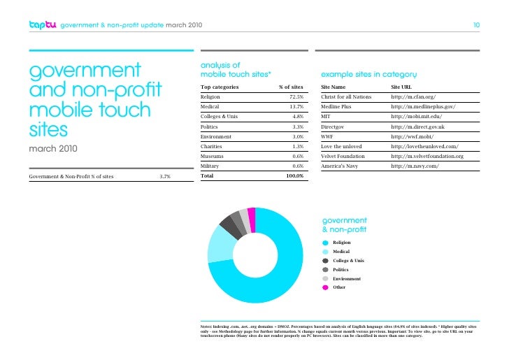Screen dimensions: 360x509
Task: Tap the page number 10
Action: pyautogui.click(x=475, y=26)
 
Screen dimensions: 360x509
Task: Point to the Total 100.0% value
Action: pyautogui.click(x=291, y=177)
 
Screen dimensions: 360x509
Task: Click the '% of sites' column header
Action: pyautogui.click(x=289, y=87)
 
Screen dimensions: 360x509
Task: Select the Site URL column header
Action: pyautogui.click(x=406, y=87)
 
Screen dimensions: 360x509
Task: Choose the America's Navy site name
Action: pyautogui.click(x=341, y=166)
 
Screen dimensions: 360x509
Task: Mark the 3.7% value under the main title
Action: pyautogui.click(x=165, y=178)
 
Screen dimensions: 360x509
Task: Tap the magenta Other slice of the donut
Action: pyautogui.click(x=251, y=214)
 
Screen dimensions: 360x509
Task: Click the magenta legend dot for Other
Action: pyautogui.click(x=325, y=287)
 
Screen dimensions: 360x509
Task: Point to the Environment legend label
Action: pyautogui.click(x=347, y=278)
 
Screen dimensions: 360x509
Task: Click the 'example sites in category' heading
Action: pyautogui.click(x=368, y=73)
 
